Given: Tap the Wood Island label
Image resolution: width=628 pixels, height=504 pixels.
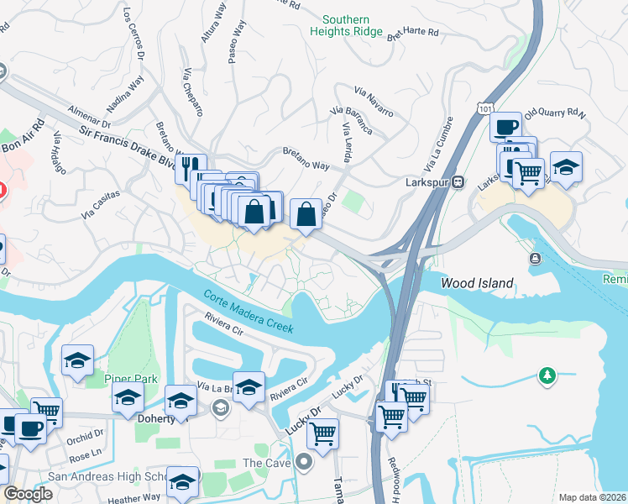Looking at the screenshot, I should click(477, 284).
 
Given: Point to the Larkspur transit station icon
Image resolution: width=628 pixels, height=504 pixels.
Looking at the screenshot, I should click(458, 181).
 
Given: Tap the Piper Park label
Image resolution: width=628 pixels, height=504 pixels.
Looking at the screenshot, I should click(131, 379).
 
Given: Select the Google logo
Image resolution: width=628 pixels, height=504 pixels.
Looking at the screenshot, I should click(28, 494).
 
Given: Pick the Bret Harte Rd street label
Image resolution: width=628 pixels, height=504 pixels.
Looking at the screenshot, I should click(413, 33).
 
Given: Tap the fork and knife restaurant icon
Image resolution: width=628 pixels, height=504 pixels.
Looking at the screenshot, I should click(191, 167).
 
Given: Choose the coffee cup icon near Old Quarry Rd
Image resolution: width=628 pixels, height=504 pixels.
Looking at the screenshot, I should click(505, 127).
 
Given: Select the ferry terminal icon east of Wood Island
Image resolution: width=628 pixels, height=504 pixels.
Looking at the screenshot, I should click(535, 258).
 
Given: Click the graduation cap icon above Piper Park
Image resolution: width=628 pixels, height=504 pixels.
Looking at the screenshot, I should click(77, 360).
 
